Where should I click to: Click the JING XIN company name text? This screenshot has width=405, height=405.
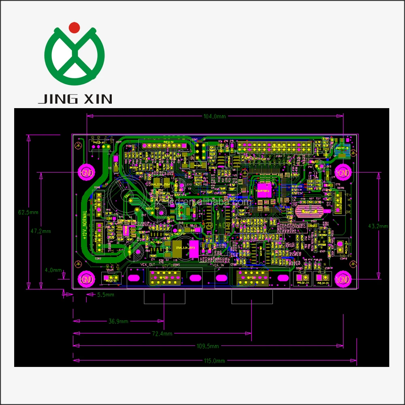pos(75,98)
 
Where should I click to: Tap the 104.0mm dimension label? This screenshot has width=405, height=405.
pos(215,116)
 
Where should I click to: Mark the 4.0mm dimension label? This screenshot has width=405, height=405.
pos(53,270)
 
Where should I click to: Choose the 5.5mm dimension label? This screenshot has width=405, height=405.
pos(106,295)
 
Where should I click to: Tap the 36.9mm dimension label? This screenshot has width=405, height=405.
pos(118,321)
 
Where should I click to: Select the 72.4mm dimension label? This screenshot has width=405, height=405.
pos(162,334)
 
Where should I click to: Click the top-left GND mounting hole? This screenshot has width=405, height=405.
pos(86,173)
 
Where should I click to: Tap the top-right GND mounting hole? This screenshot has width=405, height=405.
pos(343,173)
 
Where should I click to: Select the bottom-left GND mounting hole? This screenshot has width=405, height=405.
pos(86,279)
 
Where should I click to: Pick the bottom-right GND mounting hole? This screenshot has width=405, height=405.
pos(343,279)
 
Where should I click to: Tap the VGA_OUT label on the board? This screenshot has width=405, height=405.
pos(148,264)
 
